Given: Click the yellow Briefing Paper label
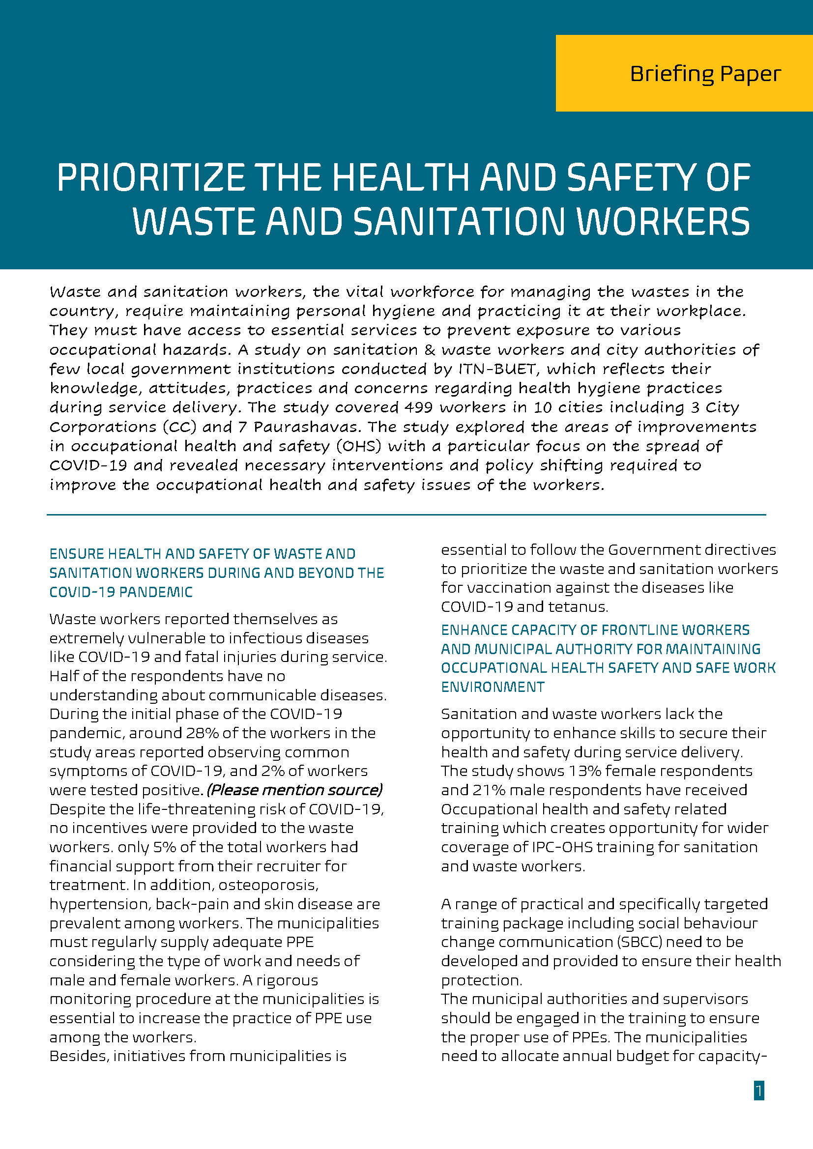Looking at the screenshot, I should (704, 74).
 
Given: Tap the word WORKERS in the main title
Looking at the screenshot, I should (663, 222).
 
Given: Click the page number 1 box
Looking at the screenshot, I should (758, 1091).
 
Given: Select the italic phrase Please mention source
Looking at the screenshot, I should (295, 790).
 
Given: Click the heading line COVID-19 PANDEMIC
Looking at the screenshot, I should (120, 593).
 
